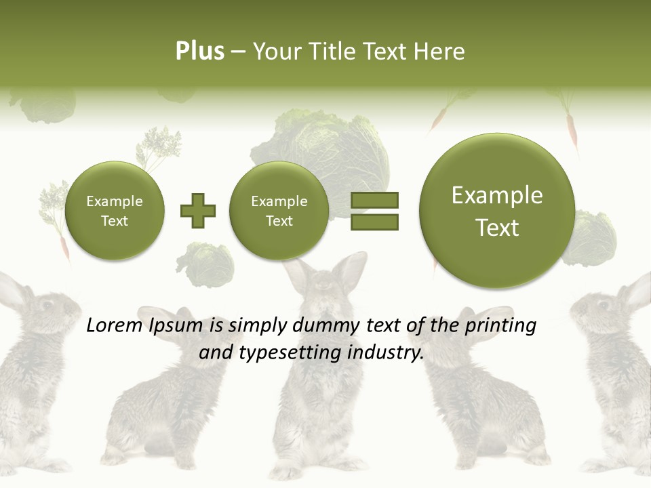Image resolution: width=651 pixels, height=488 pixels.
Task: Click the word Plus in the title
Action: [199, 52]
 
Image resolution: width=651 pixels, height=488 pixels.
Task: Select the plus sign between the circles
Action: [197, 211]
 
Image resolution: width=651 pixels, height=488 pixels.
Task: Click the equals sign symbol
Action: [374, 211]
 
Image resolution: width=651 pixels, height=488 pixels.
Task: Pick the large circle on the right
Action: [497, 211]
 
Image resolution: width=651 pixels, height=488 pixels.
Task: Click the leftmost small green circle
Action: [114, 211]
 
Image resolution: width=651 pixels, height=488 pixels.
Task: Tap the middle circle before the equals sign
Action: [279, 211]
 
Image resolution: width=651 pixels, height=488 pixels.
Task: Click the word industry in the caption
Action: [385, 353]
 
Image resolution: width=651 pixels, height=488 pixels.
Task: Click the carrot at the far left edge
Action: [64, 247]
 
